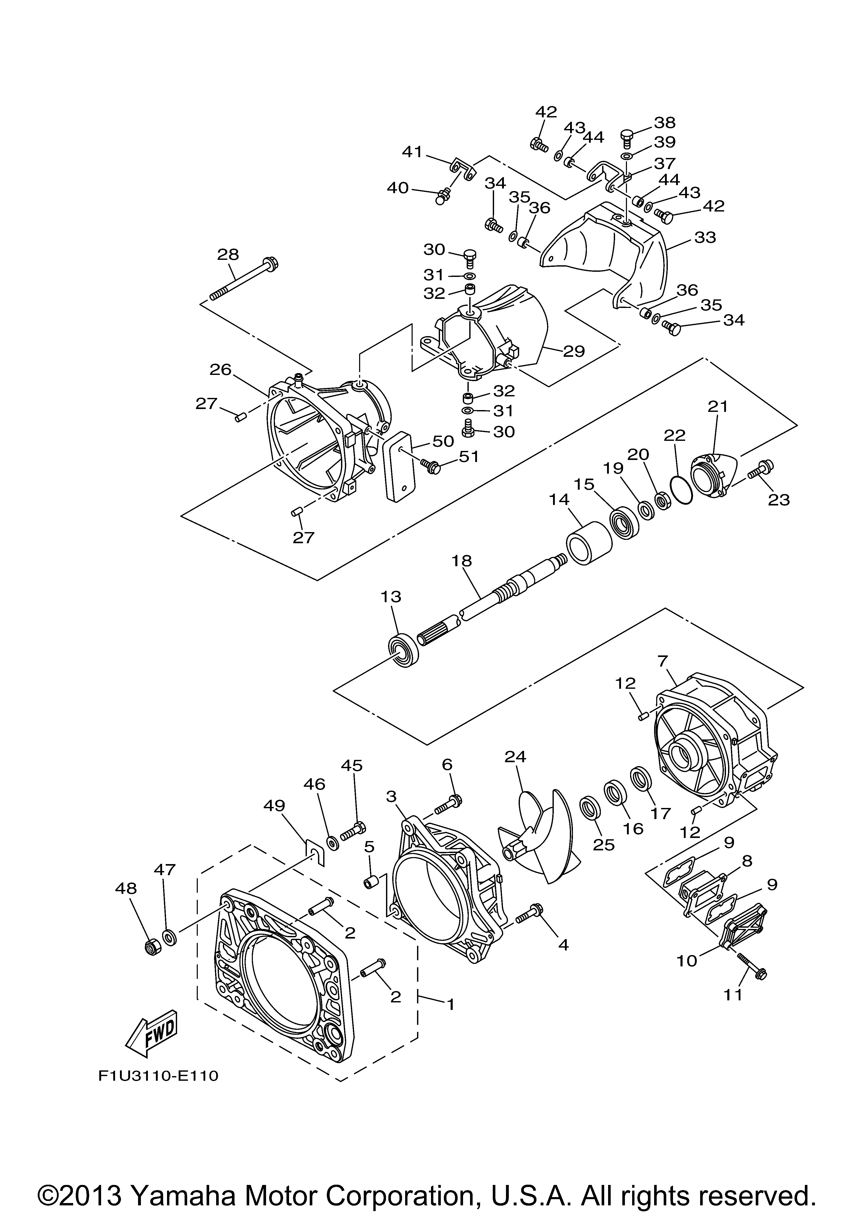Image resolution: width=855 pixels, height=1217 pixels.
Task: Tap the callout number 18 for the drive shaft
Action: [462, 561]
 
